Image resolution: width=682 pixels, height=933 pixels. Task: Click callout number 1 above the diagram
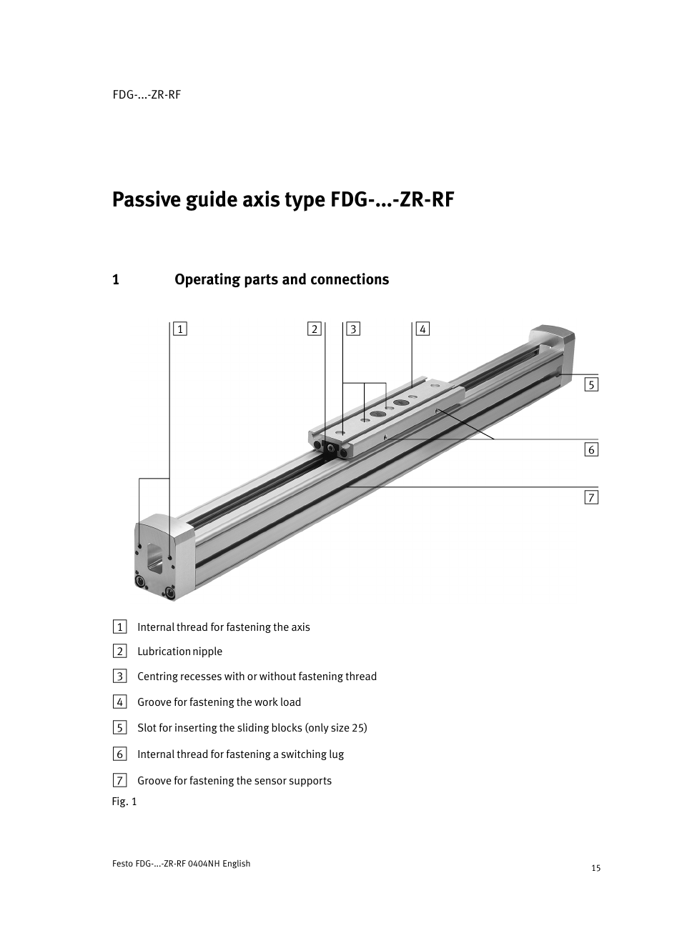pyautogui.click(x=181, y=329)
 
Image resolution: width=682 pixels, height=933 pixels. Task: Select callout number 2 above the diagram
pyautogui.click(x=314, y=329)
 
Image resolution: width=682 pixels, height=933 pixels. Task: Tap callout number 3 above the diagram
pyautogui.click(x=353, y=329)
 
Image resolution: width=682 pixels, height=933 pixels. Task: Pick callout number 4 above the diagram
pyautogui.click(x=422, y=329)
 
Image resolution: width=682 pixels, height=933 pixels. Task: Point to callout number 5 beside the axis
pyautogui.click(x=590, y=384)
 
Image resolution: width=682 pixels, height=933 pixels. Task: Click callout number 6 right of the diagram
pyautogui.click(x=590, y=449)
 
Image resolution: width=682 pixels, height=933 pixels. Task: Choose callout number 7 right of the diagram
pyautogui.click(x=590, y=497)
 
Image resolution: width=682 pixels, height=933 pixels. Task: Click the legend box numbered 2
pyautogui.click(x=119, y=651)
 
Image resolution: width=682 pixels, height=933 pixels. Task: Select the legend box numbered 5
pyautogui.click(x=119, y=728)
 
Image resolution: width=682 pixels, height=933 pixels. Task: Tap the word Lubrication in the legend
pyautogui.click(x=164, y=652)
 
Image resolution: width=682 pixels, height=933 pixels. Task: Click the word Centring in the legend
pyautogui.click(x=157, y=677)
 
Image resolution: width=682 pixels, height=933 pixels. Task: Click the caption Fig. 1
pyautogui.click(x=124, y=802)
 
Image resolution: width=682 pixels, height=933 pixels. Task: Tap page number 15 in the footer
pyautogui.click(x=595, y=868)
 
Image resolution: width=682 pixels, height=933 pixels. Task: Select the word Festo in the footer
pyautogui.click(x=122, y=863)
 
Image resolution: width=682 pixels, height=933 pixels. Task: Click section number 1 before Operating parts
pyautogui.click(x=115, y=279)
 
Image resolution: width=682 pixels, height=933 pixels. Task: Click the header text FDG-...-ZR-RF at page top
pyautogui.click(x=147, y=94)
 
